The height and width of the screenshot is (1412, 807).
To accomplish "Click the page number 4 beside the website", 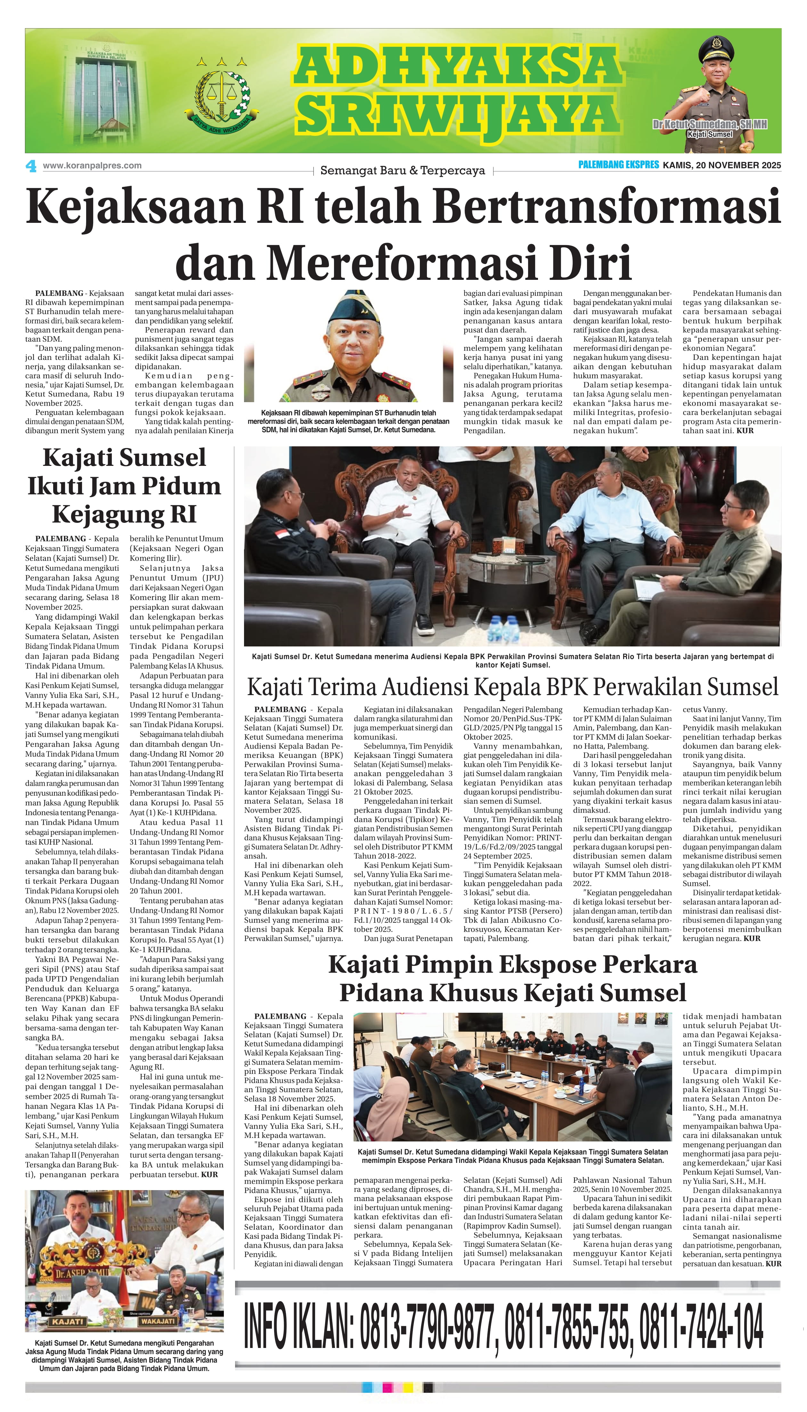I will (x=31, y=166).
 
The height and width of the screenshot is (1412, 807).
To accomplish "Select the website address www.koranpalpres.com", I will (x=92, y=166).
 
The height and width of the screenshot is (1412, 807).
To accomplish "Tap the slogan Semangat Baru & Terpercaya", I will (x=403, y=171).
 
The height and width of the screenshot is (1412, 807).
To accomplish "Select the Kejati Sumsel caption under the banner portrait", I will (x=709, y=134).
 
